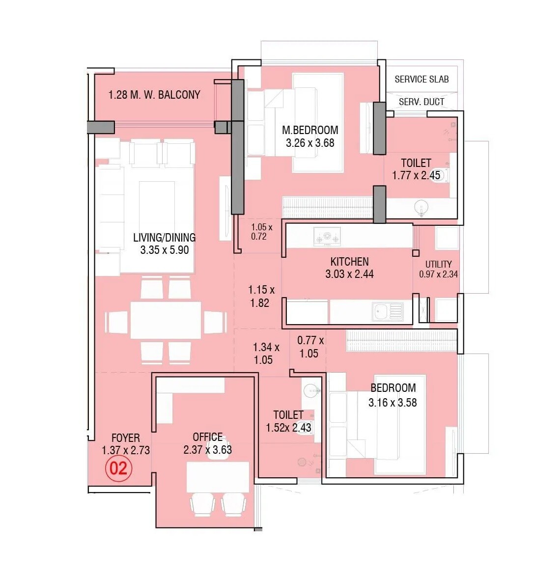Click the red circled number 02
pyautogui.click(x=118, y=468)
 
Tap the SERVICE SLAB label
pyautogui.click(x=421, y=79)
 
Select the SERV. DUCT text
pyautogui.click(x=421, y=102)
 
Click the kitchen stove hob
pyautogui.click(x=327, y=238)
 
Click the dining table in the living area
pyautogui.click(x=166, y=320)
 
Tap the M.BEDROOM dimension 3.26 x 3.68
pyautogui.click(x=310, y=143)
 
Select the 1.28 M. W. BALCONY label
pyautogui.click(x=154, y=95)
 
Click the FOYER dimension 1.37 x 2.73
pyautogui.click(x=126, y=450)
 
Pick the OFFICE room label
pyautogui.click(x=207, y=437)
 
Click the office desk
pyautogui.click(x=218, y=477)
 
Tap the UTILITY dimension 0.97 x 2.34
pyautogui.click(x=438, y=274)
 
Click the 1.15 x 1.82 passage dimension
pyautogui.click(x=261, y=296)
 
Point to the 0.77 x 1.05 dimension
pyautogui.click(x=310, y=347)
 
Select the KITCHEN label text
pyautogui.click(x=349, y=262)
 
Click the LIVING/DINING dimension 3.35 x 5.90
pyautogui.click(x=165, y=250)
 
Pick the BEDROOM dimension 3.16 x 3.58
pyautogui.click(x=392, y=403)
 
